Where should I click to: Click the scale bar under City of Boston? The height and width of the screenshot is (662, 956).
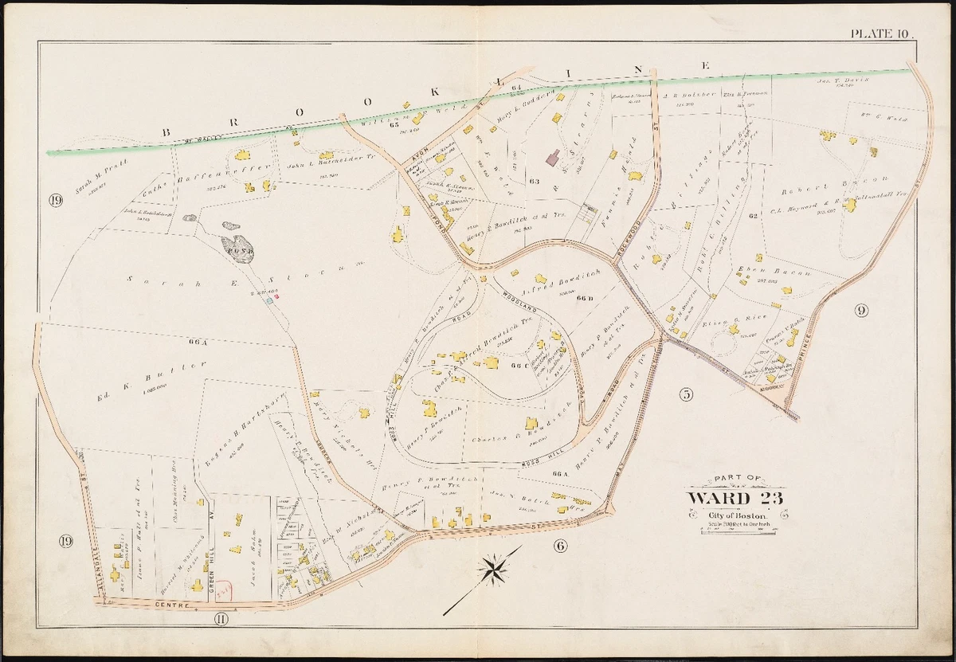click(x=736, y=529)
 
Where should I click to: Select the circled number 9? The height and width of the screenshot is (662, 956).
click(x=861, y=311)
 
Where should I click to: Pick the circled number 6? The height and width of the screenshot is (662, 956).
click(x=559, y=546)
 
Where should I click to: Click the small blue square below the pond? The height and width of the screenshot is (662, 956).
click(x=269, y=300)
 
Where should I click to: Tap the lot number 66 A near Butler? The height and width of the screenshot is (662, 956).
click(x=198, y=342)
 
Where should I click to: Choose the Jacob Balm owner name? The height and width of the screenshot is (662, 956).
click(x=256, y=553)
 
